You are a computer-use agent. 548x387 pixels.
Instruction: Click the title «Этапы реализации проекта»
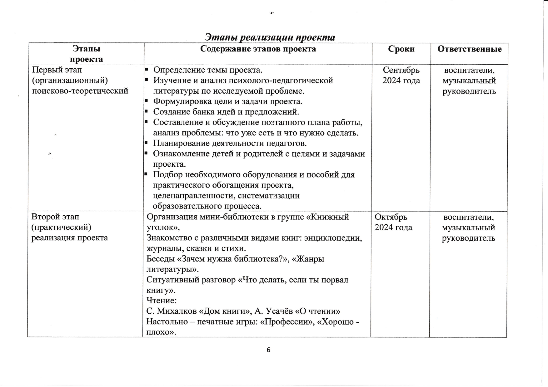click(270, 37)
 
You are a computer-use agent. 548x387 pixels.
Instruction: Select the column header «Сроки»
click(401, 49)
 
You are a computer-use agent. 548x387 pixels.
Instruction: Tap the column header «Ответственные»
click(469, 49)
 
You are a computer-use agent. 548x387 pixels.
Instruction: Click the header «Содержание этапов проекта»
click(258, 49)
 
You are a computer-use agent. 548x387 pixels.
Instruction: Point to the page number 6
click(268, 350)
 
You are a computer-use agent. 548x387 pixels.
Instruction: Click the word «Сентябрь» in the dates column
click(401, 70)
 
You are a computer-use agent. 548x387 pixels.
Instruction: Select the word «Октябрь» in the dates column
click(391, 217)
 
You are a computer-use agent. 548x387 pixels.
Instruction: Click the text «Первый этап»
click(57, 70)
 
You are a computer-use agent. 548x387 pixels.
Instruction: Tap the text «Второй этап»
click(55, 217)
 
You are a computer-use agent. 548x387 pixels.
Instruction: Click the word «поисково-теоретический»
click(80, 91)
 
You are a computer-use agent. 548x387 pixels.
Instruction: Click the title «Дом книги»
click(225, 311)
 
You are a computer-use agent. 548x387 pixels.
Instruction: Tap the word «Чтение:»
click(162, 301)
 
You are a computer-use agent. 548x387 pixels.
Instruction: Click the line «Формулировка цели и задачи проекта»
click(227, 101)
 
